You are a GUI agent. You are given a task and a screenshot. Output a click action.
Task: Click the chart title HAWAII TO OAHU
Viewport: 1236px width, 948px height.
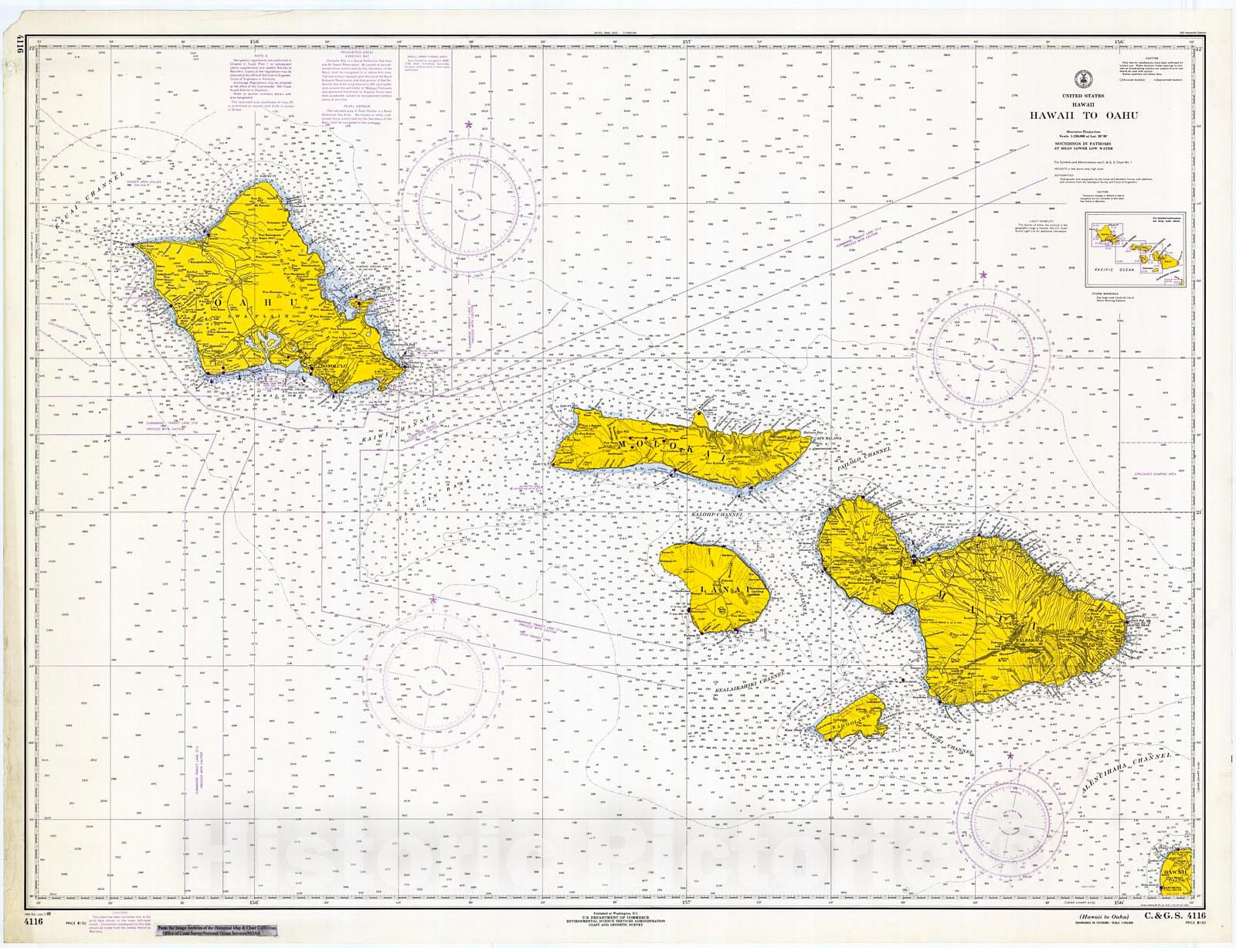click(x=1082, y=116)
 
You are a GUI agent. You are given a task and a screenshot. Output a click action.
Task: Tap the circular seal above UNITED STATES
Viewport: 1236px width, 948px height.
click(x=1082, y=80)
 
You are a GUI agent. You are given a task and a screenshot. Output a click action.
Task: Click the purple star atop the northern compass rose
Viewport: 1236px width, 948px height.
click(x=467, y=124)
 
